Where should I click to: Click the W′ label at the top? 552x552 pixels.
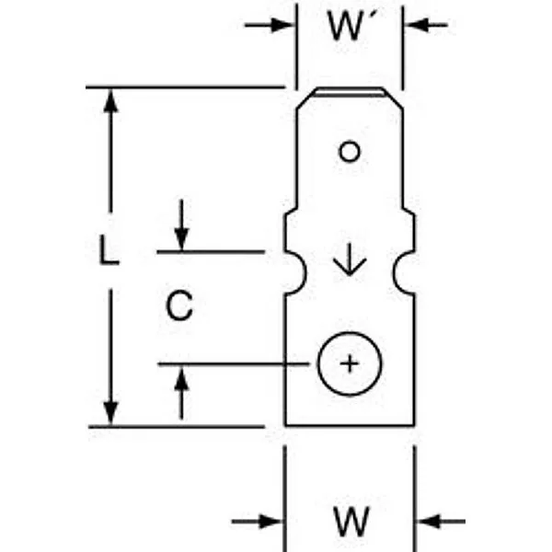click(348, 26)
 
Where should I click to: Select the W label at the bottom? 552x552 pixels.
click(351, 521)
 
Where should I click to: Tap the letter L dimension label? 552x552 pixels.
click(109, 249)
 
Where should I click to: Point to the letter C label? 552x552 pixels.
click(179, 305)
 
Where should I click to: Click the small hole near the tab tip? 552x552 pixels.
click(350, 152)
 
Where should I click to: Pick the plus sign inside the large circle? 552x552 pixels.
click(350, 363)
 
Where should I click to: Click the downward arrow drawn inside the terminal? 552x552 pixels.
click(350, 259)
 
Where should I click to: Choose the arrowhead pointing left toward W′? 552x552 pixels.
click(416, 25)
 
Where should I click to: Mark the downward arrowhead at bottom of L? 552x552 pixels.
click(110, 413)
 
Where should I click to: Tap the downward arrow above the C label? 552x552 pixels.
click(181, 225)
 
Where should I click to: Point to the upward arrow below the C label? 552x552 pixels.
click(181, 393)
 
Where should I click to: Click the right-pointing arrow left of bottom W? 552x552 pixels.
click(257, 522)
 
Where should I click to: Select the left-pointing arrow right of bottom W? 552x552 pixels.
click(441, 522)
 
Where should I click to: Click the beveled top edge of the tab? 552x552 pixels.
click(350, 92)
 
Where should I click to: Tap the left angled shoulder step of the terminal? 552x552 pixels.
click(291, 212)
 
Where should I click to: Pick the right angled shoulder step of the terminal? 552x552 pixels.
click(408, 212)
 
